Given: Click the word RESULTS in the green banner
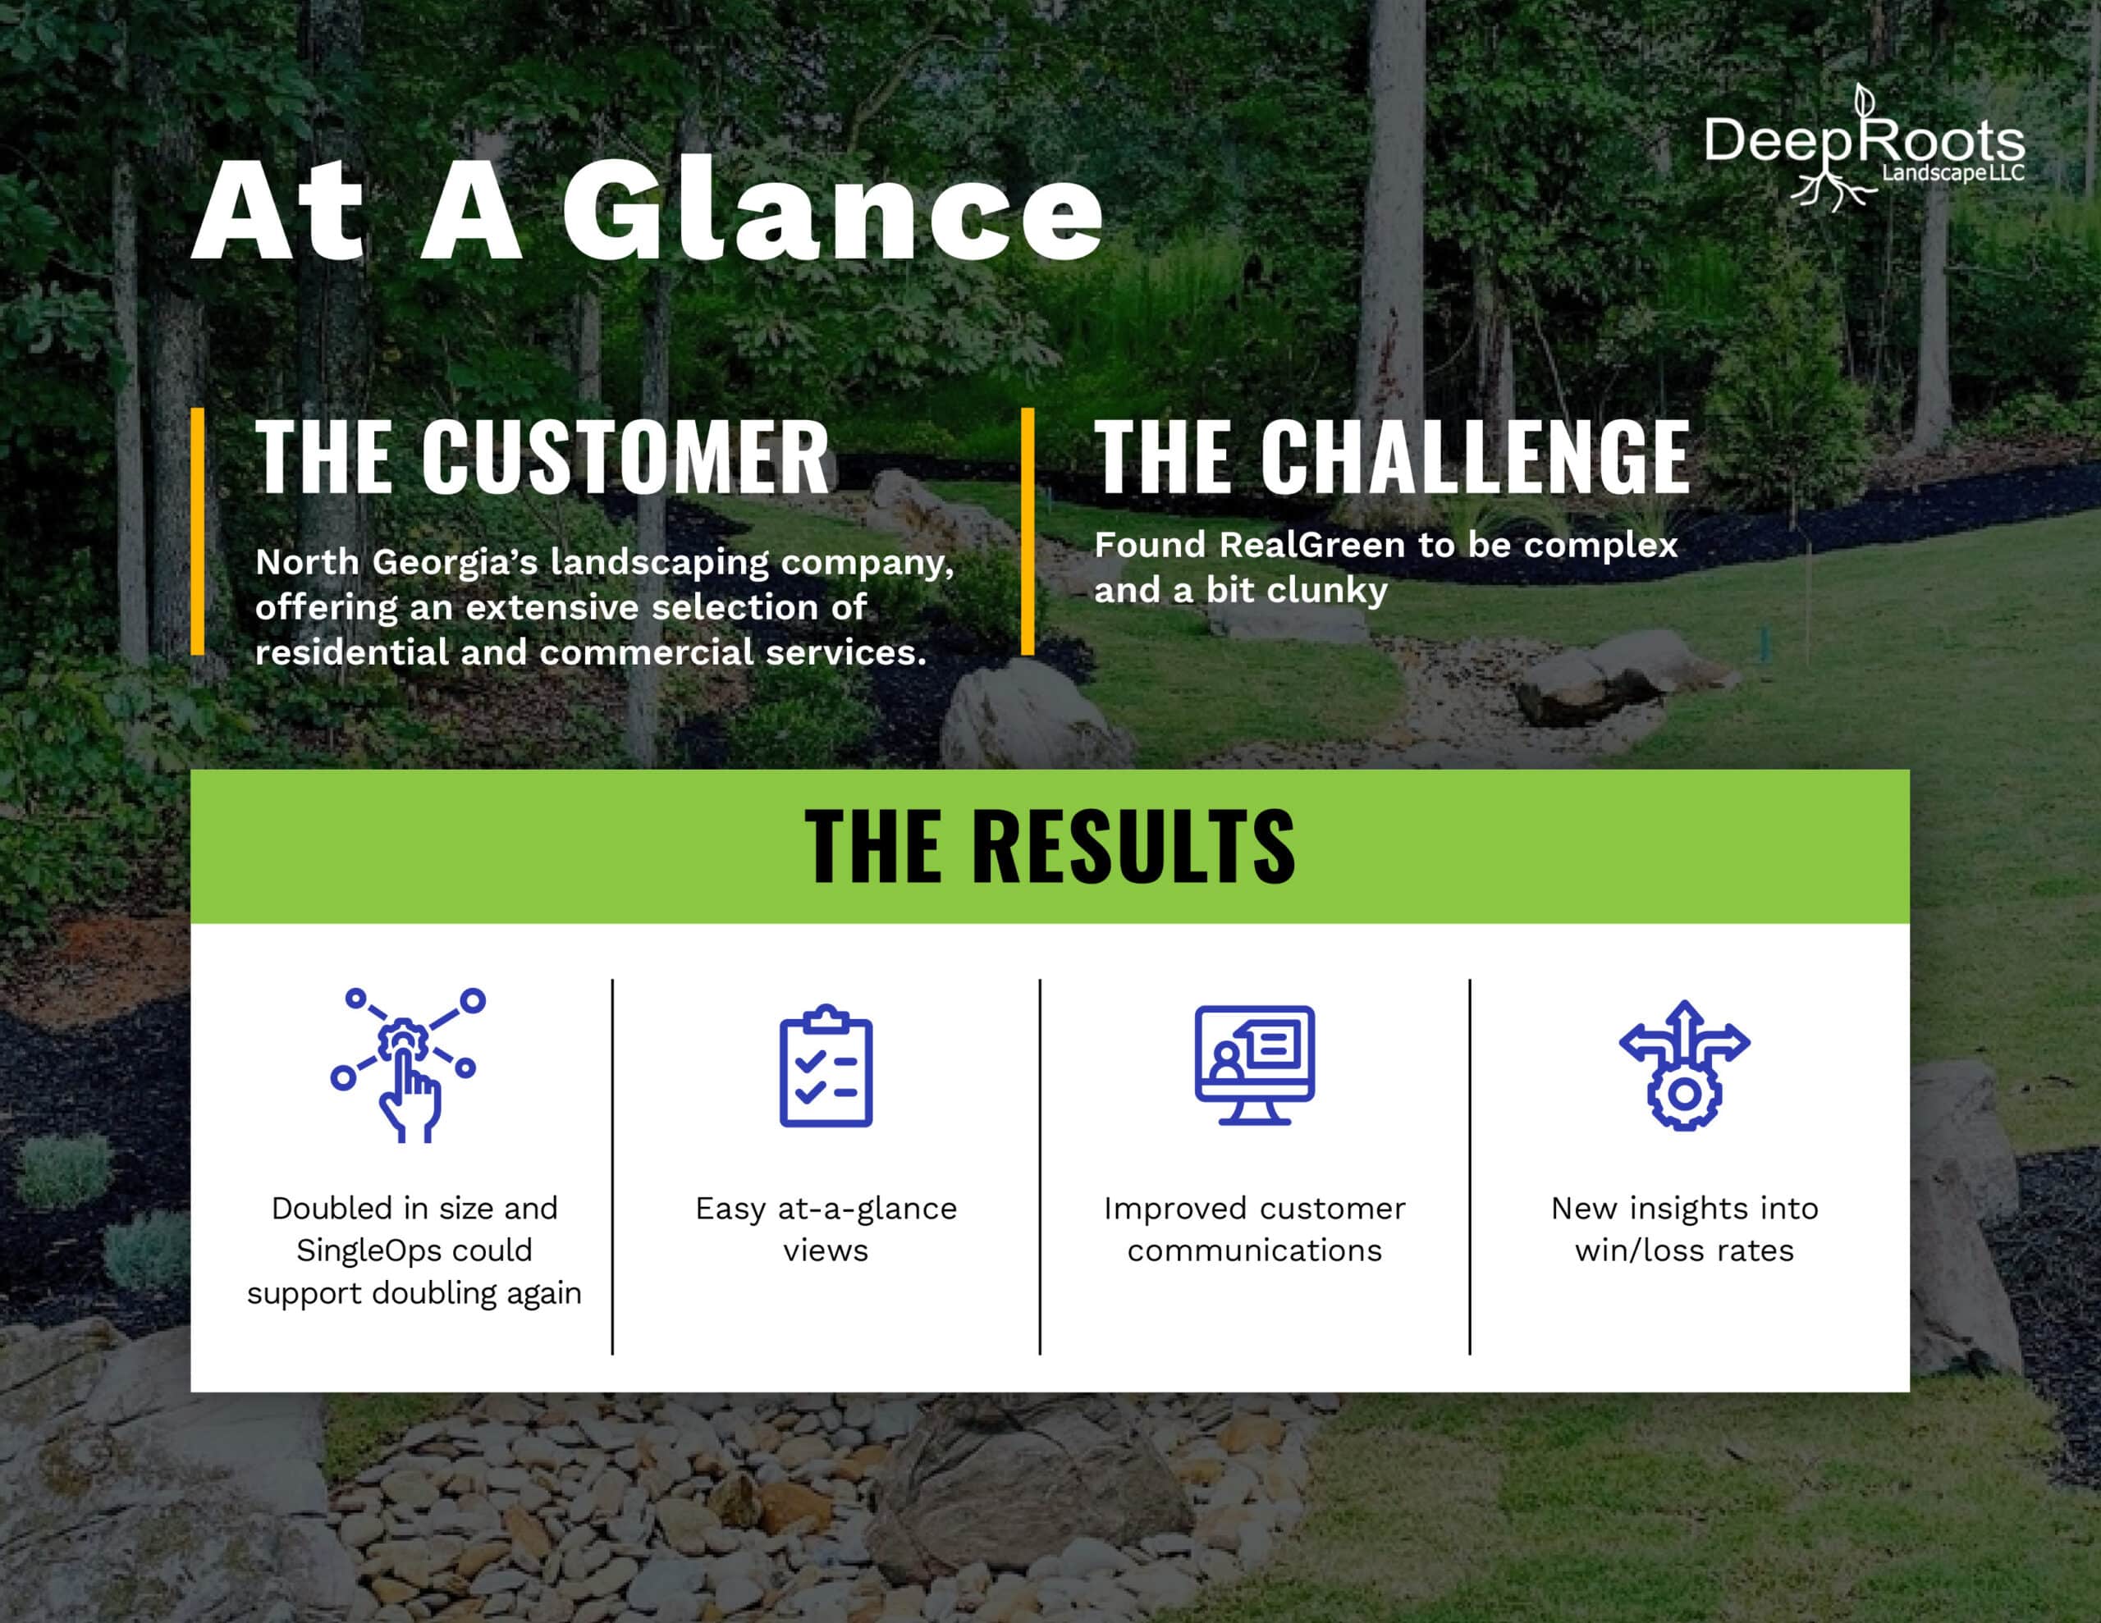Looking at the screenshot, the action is [1134, 846].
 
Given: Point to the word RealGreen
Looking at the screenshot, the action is [1313, 546].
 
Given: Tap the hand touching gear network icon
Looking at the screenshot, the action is [409, 1065].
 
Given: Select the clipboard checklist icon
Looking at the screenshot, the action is [826, 1065].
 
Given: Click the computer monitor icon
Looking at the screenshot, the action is [1254, 1065].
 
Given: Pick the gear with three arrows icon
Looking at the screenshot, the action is [1684, 1065].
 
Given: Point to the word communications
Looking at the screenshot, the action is [1254, 1250].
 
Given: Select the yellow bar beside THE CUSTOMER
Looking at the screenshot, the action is [197, 531].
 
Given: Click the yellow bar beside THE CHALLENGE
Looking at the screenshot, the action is [1028, 531].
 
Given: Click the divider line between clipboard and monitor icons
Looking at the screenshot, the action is [1040, 1167].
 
